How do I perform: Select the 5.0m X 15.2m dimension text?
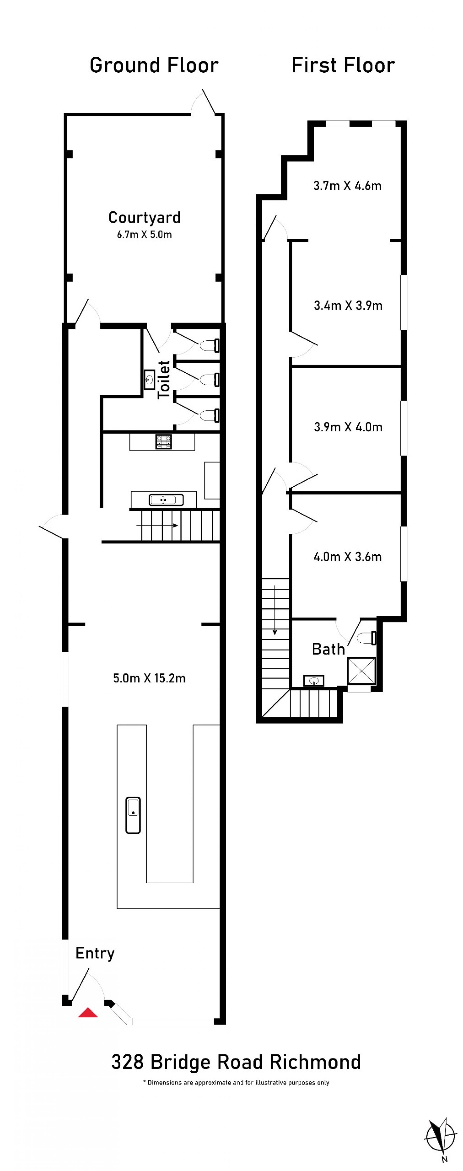coord(149,678)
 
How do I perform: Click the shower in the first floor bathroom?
coord(361,671)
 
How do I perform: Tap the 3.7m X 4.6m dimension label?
coord(347,185)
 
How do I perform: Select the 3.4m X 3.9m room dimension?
coord(348,306)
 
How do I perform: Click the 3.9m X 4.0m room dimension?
coord(348,427)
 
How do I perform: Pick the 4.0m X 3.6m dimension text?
coord(347,557)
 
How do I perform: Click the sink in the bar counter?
coord(133,815)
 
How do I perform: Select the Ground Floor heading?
coord(154,65)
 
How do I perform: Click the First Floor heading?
coord(343,65)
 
